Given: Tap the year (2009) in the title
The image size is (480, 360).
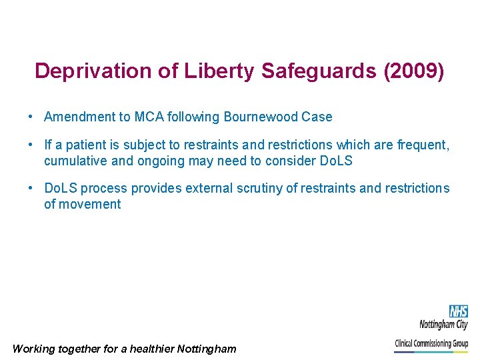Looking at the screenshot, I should pyautogui.click(x=413, y=71).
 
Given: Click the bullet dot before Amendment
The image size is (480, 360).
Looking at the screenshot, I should pyautogui.click(x=31, y=117).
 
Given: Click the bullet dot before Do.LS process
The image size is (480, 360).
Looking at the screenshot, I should pyautogui.click(x=31, y=189).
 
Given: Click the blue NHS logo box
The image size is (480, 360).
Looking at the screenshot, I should pyautogui.click(x=458, y=311).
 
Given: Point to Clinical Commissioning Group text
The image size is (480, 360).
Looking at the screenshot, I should pyautogui.click(x=431, y=344).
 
